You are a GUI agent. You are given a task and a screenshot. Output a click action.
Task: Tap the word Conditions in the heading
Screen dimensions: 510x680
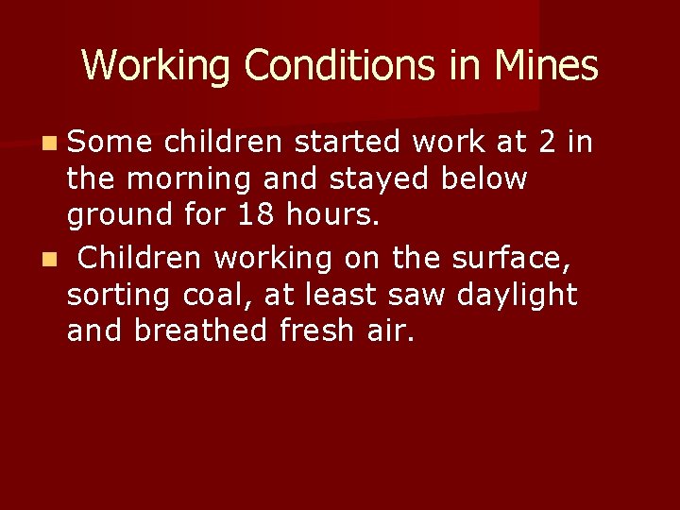coord(358,66)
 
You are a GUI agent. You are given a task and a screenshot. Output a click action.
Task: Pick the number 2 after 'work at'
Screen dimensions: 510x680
coord(547,142)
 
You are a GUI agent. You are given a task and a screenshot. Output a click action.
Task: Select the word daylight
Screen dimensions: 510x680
coord(517,295)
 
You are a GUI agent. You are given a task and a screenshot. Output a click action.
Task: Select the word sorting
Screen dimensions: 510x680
coord(116,295)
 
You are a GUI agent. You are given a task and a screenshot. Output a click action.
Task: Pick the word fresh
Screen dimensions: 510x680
coord(317,331)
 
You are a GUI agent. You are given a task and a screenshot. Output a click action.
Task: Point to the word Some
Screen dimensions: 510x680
coord(110,142)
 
